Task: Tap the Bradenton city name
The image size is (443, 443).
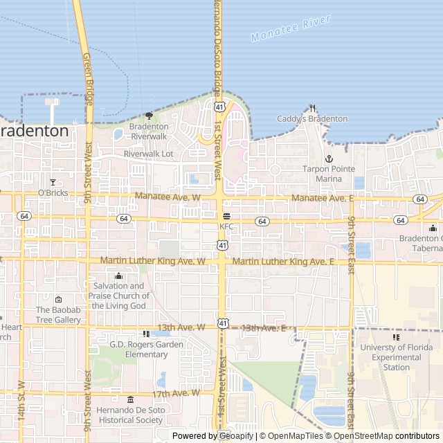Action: [33, 131]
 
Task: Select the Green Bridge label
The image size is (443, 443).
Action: [89, 79]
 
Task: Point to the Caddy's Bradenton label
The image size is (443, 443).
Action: [312, 119]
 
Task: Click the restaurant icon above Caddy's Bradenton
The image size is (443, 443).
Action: [313, 108]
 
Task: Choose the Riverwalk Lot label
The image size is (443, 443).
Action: [149, 153]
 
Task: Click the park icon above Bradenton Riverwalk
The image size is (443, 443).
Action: [149, 116]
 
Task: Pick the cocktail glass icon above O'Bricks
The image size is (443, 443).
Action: [53, 182]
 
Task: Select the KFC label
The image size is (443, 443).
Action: [226, 226]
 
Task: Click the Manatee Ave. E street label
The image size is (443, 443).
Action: [323, 198]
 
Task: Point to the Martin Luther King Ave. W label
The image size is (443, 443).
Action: [153, 261]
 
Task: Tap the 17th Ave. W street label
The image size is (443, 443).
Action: [176, 393]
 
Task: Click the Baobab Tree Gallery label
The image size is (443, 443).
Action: [58, 315]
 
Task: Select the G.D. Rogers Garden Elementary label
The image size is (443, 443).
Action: [146, 350]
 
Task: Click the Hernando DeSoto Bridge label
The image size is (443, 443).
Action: [217, 46]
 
